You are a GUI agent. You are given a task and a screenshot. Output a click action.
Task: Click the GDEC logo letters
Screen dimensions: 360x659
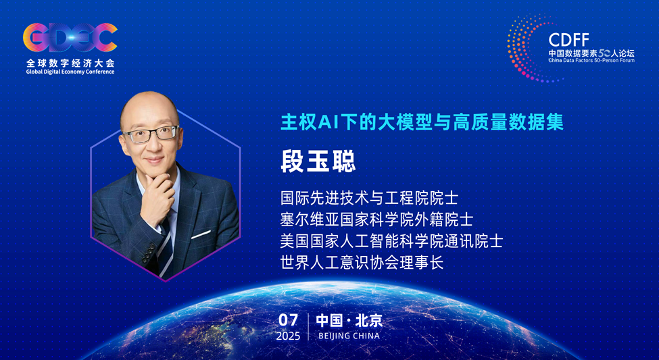pyautogui.click(x=70, y=39)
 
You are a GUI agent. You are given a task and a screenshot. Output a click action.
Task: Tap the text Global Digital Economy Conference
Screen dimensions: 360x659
pyautogui.click(x=70, y=72)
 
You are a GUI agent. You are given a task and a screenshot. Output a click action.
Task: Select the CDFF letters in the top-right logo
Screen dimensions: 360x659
pyautogui.click(x=568, y=38)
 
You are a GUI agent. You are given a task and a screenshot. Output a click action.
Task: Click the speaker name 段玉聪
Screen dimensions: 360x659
pyautogui.click(x=318, y=161)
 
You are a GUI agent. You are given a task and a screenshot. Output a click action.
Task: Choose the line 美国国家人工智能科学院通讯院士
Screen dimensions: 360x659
pyautogui.click(x=391, y=240)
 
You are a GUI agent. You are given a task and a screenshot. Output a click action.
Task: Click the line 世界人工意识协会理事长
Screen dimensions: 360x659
pyautogui.click(x=362, y=262)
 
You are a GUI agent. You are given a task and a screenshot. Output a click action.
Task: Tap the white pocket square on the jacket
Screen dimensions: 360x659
pyautogui.click(x=201, y=235)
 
